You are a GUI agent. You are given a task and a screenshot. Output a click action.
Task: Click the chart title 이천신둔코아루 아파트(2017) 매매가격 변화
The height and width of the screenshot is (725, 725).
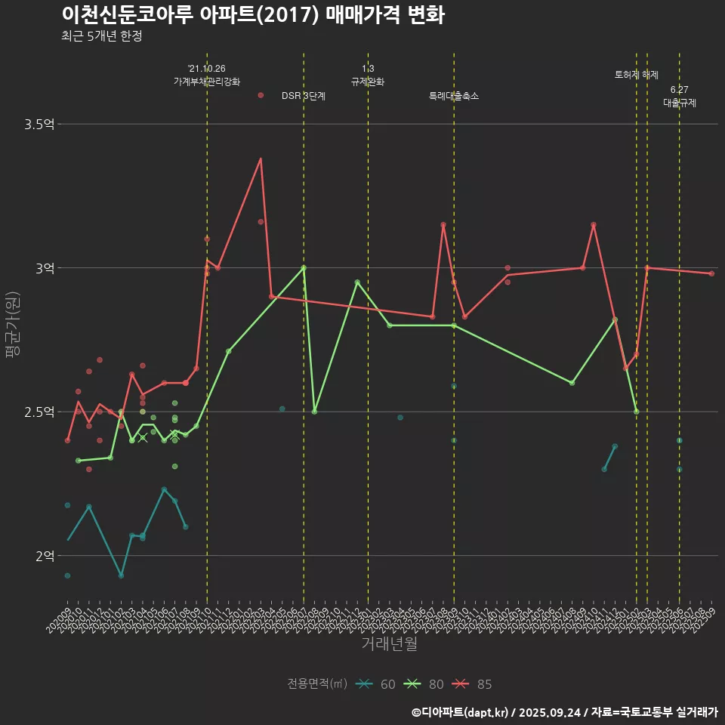point(253,15)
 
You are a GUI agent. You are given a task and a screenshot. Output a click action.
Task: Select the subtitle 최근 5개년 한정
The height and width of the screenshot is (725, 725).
point(102,36)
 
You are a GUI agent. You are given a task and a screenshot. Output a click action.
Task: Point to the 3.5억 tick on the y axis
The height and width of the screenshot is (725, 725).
point(39,125)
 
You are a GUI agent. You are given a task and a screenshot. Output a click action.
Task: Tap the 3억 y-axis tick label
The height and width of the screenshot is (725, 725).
point(45,268)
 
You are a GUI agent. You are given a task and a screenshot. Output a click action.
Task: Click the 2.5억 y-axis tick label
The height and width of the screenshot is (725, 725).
point(39,412)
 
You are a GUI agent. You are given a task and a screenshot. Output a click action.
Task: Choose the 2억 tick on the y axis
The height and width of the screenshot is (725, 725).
point(45,556)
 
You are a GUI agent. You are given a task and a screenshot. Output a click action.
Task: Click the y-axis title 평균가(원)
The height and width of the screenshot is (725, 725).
point(12,325)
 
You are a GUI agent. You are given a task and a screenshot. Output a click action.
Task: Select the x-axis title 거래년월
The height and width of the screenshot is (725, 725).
point(389,644)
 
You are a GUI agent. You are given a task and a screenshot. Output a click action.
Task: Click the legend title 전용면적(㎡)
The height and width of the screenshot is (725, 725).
point(317,684)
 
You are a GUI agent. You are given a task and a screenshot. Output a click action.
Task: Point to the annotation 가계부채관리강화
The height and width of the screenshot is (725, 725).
point(207,82)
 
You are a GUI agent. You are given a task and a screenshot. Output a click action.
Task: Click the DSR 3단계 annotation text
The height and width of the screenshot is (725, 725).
point(303,96)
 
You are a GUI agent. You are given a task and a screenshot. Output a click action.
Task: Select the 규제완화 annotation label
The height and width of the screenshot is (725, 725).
point(368,82)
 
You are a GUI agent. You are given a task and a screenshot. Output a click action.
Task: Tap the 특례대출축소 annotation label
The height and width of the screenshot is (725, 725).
point(453,96)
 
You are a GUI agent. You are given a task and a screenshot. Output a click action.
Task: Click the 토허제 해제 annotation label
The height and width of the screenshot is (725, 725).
point(637,75)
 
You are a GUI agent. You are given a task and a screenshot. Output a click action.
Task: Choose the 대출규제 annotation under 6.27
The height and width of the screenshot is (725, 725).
point(679,103)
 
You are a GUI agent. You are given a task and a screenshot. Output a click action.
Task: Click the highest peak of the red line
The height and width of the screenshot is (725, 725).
point(261,159)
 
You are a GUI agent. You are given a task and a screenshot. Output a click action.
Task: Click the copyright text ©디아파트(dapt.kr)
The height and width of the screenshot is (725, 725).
point(461,711)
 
